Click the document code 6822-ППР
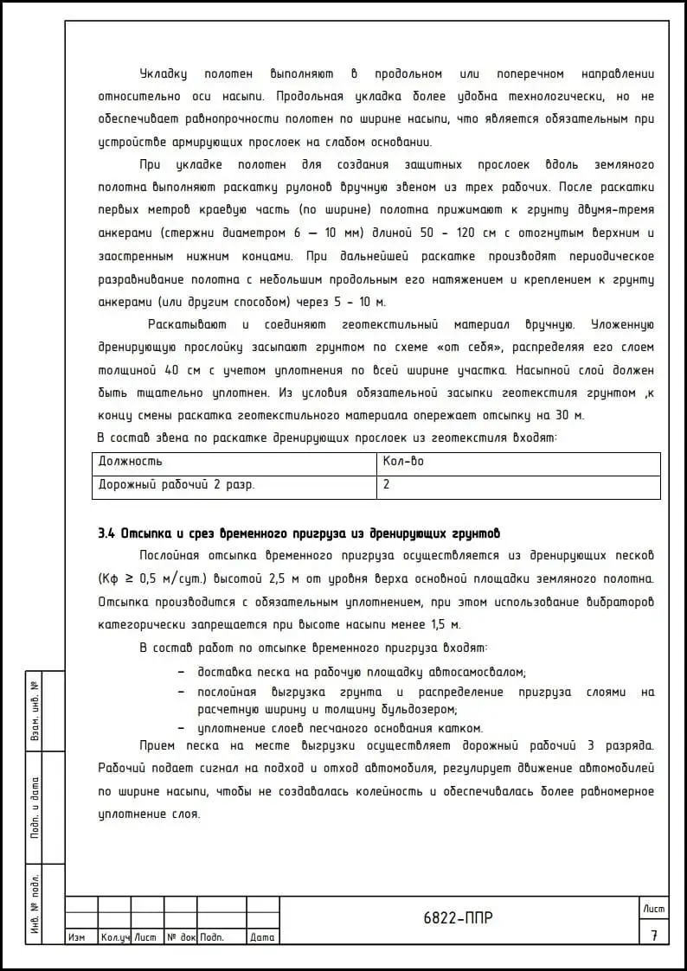tap(459, 918)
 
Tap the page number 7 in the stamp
tap(654, 935)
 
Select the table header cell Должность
tap(131, 462)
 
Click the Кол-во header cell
tap(403, 462)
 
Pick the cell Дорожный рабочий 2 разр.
tap(177, 485)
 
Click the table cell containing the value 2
tap(386, 485)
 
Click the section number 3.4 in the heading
tap(106, 533)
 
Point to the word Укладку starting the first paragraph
tap(163, 74)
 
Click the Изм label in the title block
tap(76, 937)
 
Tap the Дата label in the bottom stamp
tap(261, 937)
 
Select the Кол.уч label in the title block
tap(114, 937)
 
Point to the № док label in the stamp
tap(181, 937)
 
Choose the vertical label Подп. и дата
tap(35, 808)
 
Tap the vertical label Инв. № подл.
tap(35, 904)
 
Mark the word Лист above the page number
tap(654, 908)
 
